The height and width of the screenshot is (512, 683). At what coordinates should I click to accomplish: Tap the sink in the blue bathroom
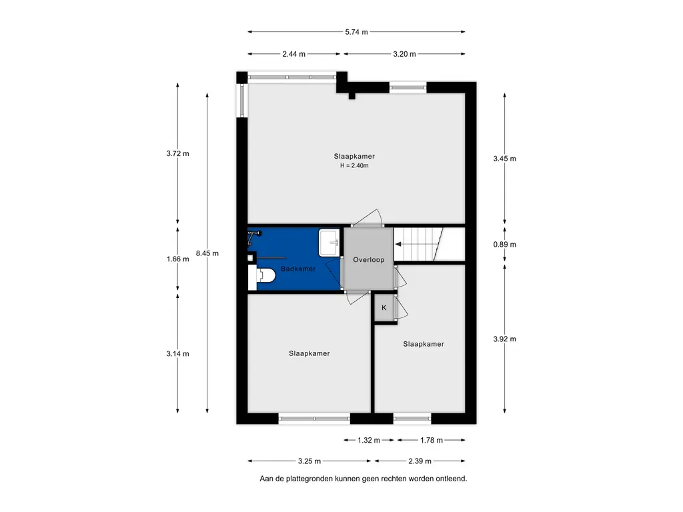pyautogui.click(x=329, y=243)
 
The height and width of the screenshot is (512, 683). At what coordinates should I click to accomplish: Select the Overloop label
pyautogui.click(x=368, y=260)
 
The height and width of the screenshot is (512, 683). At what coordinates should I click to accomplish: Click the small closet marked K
pyautogui.click(x=384, y=308)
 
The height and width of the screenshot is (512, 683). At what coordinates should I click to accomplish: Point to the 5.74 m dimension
pyautogui.click(x=356, y=32)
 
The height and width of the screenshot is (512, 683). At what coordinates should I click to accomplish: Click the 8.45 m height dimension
pyautogui.click(x=207, y=253)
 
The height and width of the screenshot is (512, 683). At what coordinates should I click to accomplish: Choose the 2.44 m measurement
pyautogui.click(x=293, y=54)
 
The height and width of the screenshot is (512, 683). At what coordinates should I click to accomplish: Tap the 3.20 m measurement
pyautogui.click(x=404, y=54)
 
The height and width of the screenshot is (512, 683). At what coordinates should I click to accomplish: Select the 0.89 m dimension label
pyautogui.click(x=504, y=244)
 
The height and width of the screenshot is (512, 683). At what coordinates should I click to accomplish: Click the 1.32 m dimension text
pyautogui.click(x=369, y=440)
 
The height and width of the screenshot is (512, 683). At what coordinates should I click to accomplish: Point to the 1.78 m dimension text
pyautogui.click(x=432, y=440)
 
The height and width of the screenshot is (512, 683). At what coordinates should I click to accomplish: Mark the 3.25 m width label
pyautogui.click(x=309, y=461)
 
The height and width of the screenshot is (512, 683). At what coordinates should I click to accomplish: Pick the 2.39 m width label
pyautogui.click(x=420, y=461)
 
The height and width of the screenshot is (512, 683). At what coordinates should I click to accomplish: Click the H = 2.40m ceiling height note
pyautogui.click(x=354, y=165)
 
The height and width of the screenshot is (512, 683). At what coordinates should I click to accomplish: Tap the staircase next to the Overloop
pyautogui.click(x=430, y=244)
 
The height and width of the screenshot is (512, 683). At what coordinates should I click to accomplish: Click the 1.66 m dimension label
pyautogui.click(x=177, y=259)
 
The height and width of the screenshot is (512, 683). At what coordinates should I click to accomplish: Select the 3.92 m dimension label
pyautogui.click(x=504, y=339)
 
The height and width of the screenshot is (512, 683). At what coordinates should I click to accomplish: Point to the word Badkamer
pyautogui.click(x=298, y=269)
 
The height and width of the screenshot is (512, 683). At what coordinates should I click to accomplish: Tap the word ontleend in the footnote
pyautogui.click(x=452, y=479)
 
